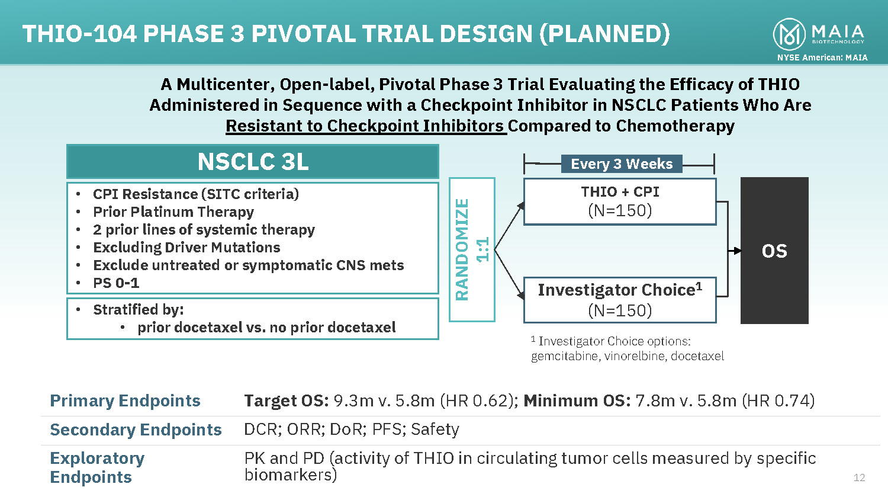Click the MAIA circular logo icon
click(x=789, y=34)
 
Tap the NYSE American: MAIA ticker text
click(x=822, y=57)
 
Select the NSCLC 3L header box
click(x=253, y=162)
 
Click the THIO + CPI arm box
click(x=620, y=201)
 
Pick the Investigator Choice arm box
click(x=620, y=300)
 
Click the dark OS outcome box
click(x=774, y=251)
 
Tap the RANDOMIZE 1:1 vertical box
click(x=472, y=249)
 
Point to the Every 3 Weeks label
click(x=622, y=164)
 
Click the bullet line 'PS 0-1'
click(x=116, y=283)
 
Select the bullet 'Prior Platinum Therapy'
click(x=173, y=212)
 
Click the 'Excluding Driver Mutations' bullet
click(x=186, y=248)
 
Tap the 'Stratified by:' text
click(x=138, y=310)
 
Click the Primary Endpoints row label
click(x=125, y=401)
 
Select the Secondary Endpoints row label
click(x=136, y=430)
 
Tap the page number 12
click(x=859, y=477)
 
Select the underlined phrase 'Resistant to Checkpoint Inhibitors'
click(x=366, y=126)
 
